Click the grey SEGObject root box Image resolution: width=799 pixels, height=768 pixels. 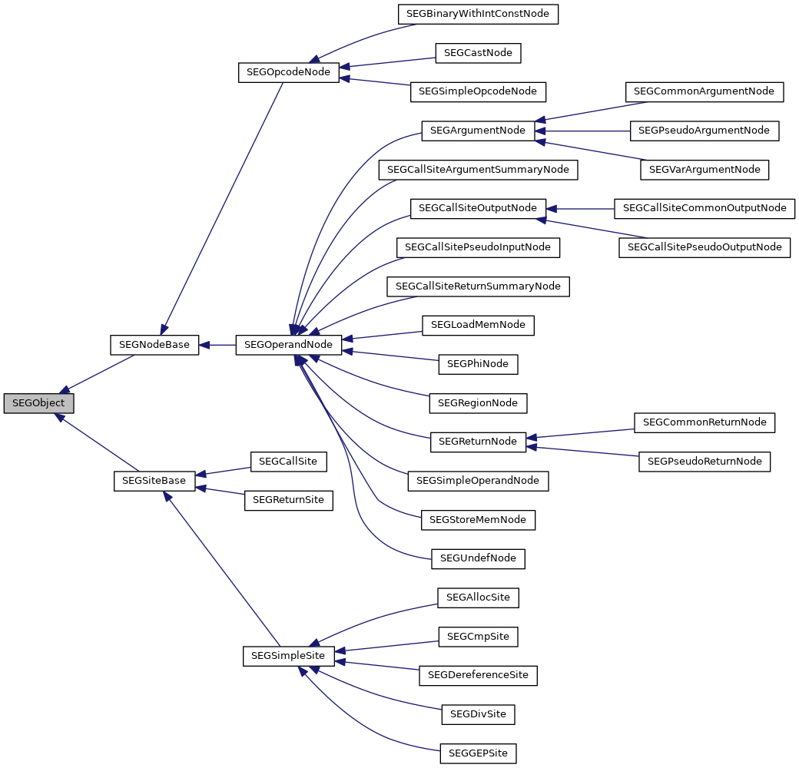38,403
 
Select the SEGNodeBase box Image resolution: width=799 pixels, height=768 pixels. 154,344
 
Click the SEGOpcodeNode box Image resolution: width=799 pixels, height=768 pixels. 288,72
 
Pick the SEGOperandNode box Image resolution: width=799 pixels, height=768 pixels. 288,345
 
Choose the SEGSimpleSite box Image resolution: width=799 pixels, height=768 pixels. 288,656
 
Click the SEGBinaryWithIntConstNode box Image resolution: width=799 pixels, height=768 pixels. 478,14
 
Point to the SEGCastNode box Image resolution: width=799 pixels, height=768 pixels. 478,53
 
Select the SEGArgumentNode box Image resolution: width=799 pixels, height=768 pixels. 478,131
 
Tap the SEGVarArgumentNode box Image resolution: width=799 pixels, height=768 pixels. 705,169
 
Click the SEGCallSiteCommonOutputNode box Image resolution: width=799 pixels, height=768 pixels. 705,208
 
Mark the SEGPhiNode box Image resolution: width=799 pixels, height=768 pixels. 478,363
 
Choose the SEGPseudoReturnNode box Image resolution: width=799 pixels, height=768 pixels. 705,461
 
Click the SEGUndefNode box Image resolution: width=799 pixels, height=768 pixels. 478,558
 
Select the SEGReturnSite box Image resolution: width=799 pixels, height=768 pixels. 288,500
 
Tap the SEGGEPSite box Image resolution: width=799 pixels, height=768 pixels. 478,753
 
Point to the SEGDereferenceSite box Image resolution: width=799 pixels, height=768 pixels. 478,675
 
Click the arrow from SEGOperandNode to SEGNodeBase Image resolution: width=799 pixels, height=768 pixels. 217,345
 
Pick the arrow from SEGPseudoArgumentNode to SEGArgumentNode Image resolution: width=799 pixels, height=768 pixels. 584,131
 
